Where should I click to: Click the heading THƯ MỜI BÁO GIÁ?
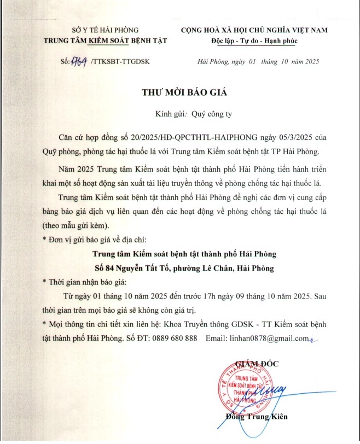tap(180, 92)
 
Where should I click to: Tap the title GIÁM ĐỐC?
tap(256, 363)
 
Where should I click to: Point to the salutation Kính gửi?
tap(171, 114)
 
